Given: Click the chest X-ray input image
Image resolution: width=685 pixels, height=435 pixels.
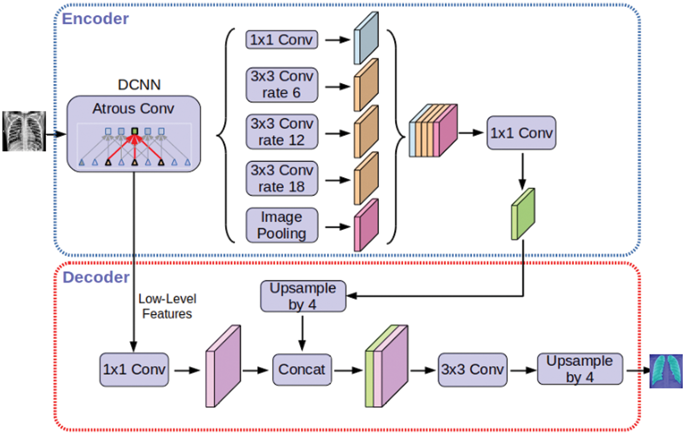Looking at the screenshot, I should point(24,131).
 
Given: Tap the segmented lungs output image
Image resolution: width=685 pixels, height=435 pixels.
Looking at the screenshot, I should point(666,371).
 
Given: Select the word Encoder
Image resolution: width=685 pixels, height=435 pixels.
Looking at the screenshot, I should point(95,19).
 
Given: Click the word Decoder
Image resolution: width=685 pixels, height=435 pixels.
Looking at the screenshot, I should point(96,277).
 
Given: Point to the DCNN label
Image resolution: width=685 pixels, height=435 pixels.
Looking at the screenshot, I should point(139,85).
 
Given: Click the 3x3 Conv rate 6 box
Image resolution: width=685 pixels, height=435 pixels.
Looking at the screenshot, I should point(281,85).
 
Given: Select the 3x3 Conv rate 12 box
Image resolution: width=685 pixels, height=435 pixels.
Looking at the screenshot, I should point(281,132).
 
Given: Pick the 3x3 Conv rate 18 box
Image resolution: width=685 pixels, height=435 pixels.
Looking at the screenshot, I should point(281,178).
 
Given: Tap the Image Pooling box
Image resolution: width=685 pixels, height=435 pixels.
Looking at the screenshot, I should point(281,225).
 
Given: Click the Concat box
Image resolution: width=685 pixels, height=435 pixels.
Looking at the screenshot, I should point(302,370).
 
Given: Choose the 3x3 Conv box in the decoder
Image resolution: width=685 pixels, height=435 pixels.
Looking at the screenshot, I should point(472,370).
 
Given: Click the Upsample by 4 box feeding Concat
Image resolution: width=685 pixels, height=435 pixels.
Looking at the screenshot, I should point(303,296).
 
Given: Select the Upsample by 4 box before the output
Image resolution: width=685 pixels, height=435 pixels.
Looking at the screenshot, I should point(580,369).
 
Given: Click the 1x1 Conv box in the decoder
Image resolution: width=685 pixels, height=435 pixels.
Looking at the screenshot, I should point(134,370).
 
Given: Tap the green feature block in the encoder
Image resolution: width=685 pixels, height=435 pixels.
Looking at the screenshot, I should point(522,214).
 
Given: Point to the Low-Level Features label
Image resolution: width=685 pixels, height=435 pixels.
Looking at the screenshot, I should point(167,306).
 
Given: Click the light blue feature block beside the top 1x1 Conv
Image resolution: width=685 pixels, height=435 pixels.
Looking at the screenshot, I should point(366,38).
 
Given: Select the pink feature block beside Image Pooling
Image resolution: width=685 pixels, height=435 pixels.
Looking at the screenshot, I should point(366,225).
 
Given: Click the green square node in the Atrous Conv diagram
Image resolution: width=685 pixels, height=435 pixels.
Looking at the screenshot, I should point(135,131).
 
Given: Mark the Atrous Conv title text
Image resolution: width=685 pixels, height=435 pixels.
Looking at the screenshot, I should point(133,109).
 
